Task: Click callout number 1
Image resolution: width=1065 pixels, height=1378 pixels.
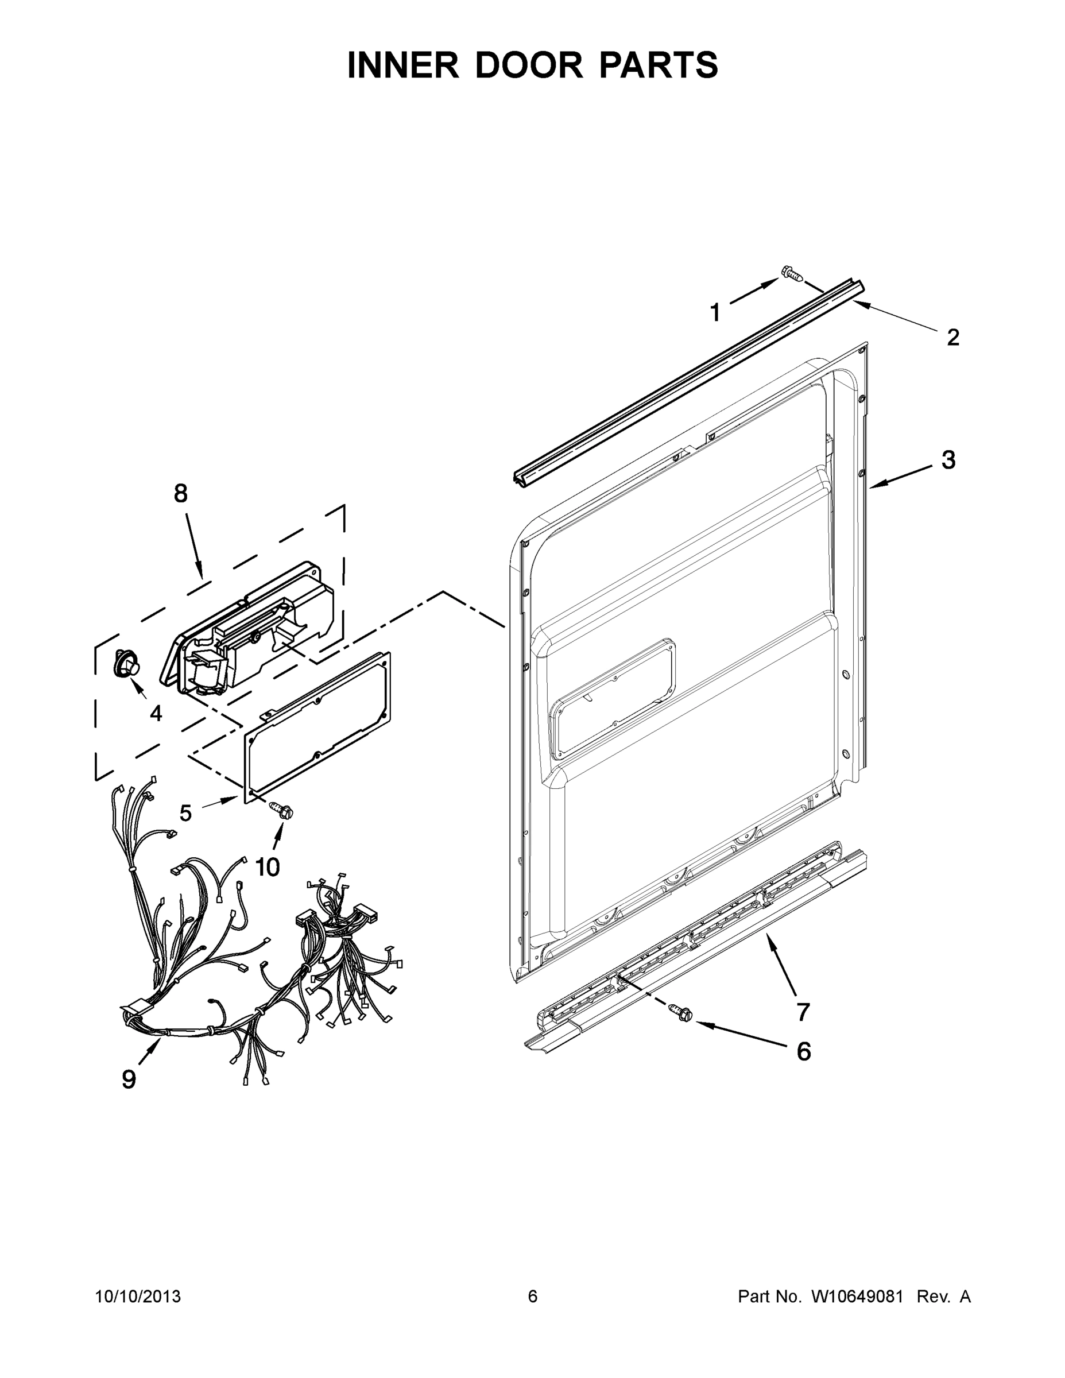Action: pyautogui.click(x=715, y=312)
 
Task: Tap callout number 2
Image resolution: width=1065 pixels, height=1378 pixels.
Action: pyautogui.click(x=952, y=338)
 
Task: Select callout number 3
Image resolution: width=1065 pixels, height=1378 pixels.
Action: pyautogui.click(x=948, y=460)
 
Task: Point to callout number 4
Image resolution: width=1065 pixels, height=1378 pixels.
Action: pyautogui.click(x=156, y=713)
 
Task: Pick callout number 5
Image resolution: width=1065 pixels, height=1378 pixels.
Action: pyautogui.click(x=185, y=813)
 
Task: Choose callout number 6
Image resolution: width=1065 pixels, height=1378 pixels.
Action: pyautogui.click(x=803, y=1051)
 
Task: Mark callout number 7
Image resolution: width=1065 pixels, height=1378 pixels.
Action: pyautogui.click(x=803, y=1012)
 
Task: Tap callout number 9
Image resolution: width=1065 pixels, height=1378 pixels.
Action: pyautogui.click(x=129, y=1079)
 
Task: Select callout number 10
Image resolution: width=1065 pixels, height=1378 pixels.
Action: pyautogui.click(x=268, y=868)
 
